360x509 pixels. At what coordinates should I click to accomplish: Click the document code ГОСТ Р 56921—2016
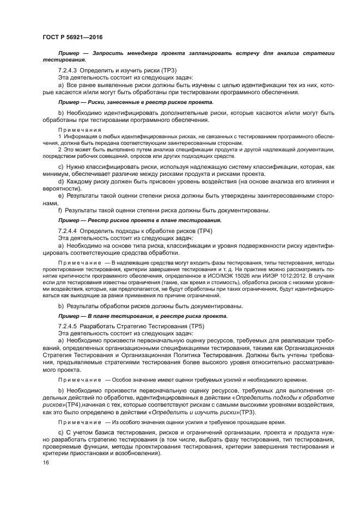(72, 36)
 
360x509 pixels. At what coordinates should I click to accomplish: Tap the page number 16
(45, 463)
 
